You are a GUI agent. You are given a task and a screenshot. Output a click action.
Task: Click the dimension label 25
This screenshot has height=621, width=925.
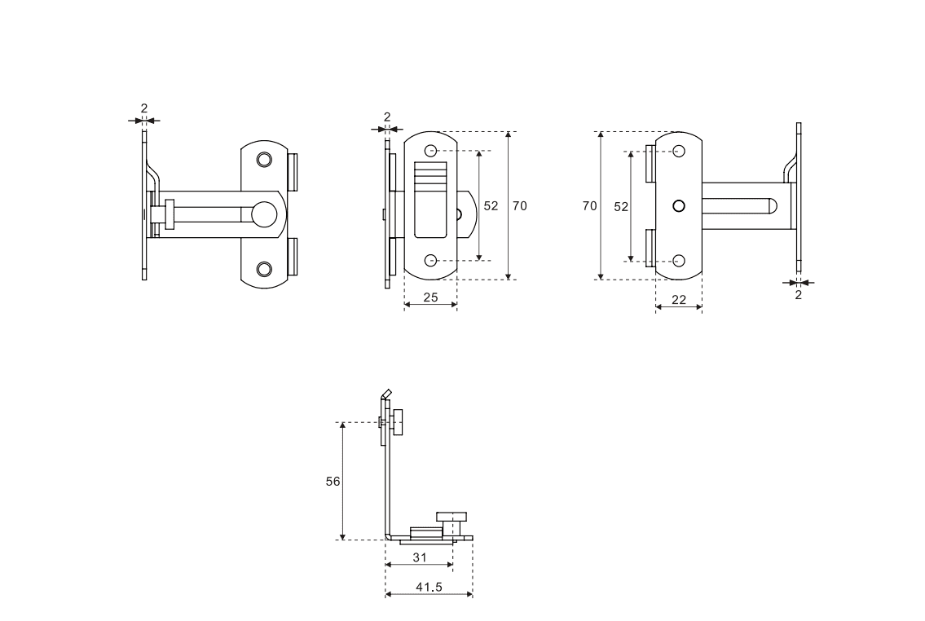pyautogui.click(x=430, y=297)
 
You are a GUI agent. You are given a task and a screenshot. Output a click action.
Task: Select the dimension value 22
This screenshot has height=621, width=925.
pyautogui.click(x=678, y=300)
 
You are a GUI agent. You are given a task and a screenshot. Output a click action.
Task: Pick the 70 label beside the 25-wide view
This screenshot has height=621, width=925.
pyautogui.click(x=519, y=206)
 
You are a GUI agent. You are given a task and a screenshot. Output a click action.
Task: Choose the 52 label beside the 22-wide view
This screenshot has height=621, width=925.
pyautogui.click(x=621, y=207)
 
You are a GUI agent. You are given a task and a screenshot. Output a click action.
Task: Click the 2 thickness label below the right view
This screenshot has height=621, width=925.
pyautogui.click(x=798, y=295)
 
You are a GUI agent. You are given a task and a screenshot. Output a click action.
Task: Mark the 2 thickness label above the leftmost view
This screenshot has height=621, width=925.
pyautogui.click(x=143, y=108)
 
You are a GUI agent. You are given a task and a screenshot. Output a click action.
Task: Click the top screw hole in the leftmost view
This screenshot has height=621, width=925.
pyautogui.click(x=264, y=159)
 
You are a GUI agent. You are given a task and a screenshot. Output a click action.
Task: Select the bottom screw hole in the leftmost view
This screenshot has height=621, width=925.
pyautogui.click(x=264, y=269)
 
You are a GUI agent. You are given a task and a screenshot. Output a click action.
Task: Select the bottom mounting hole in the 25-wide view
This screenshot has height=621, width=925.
pyautogui.click(x=431, y=261)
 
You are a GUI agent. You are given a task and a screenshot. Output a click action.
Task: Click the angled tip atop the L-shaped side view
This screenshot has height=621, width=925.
pyautogui.click(x=387, y=394)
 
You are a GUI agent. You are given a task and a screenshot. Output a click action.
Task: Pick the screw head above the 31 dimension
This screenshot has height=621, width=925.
pyautogui.click(x=454, y=516)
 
